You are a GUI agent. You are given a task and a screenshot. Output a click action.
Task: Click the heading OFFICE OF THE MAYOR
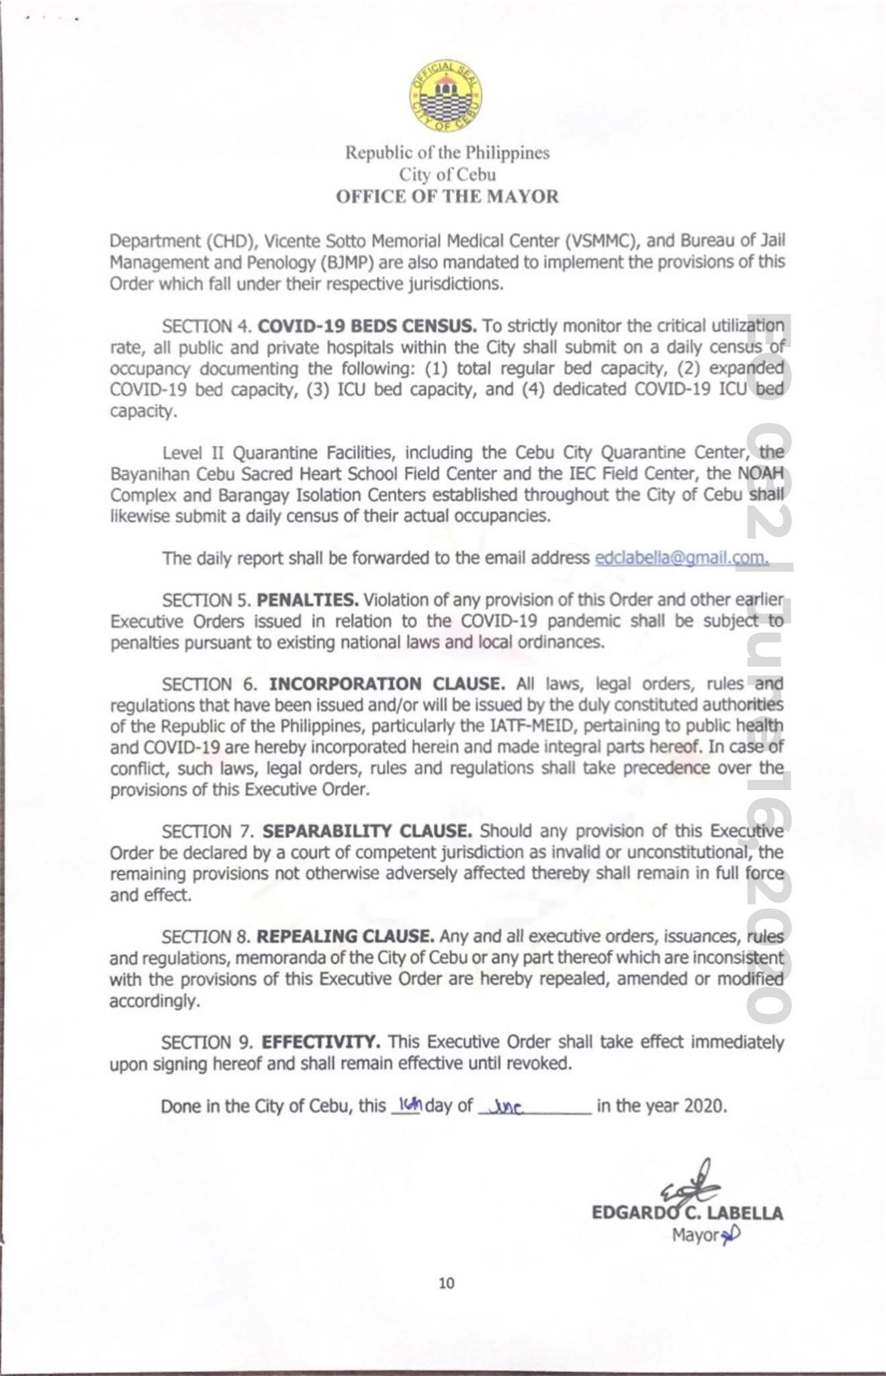447,197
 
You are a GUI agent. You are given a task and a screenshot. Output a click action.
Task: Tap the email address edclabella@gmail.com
681,558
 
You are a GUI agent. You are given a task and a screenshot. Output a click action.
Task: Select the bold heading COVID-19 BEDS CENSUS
367,327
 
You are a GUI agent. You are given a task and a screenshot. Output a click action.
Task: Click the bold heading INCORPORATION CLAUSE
387,684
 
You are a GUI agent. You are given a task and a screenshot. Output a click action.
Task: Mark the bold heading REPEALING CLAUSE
345,937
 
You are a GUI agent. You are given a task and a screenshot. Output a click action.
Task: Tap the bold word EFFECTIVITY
321,1042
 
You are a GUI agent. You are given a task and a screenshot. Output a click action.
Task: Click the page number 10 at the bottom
446,1283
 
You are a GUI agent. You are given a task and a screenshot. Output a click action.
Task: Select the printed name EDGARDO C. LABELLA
687,1213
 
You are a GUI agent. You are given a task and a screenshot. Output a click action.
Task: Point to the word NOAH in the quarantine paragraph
761,474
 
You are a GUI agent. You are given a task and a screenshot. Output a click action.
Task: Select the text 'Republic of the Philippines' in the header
447,153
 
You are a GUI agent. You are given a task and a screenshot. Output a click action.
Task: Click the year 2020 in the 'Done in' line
705,1106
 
